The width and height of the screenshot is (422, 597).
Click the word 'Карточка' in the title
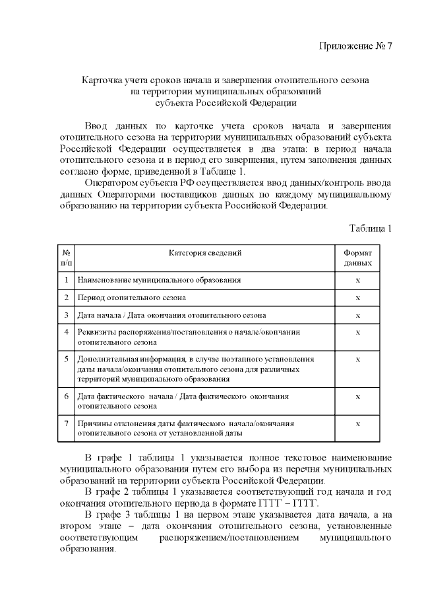(x=100, y=79)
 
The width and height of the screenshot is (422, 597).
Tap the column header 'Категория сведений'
(x=205, y=253)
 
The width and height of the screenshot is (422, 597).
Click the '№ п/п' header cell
(x=67, y=258)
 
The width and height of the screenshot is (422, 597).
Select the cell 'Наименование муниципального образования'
(x=159, y=280)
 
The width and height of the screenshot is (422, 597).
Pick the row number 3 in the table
(x=67, y=315)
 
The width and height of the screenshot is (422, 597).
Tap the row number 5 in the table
(x=67, y=360)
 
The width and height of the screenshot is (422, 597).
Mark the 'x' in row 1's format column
(x=357, y=280)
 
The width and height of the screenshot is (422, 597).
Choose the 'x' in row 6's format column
(x=357, y=396)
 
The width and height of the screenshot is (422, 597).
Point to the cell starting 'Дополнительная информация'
(x=195, y=369)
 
